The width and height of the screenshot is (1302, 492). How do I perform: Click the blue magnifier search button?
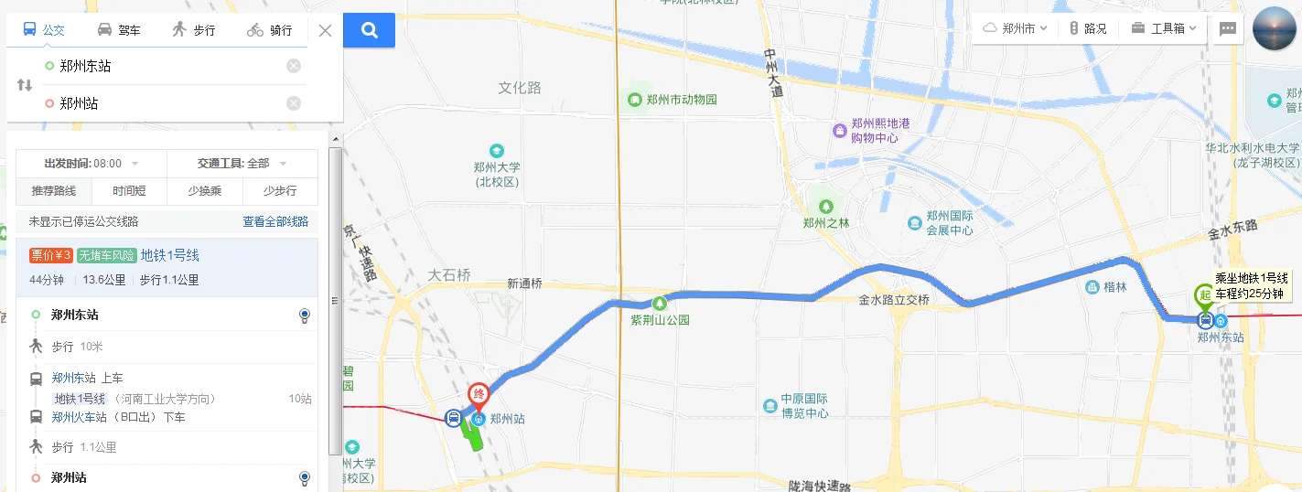pos(369,30)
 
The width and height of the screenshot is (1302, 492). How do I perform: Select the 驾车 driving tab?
pos(119,30)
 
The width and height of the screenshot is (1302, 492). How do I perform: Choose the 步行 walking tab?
pos(193,30)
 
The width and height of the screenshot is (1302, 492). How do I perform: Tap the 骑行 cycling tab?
pos(270,30)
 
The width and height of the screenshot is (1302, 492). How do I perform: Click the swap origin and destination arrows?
pos(25,85)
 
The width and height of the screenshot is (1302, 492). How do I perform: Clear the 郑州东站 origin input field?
pos(293,66)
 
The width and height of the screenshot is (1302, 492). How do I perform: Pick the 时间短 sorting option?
pos(129,191)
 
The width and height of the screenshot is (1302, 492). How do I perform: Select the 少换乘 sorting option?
pos(204,191)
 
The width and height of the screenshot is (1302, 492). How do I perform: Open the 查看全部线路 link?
pos(275,221)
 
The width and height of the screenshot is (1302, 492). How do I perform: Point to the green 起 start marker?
pos(1204,296)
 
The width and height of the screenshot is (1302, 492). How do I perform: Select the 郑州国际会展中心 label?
pos(949,223)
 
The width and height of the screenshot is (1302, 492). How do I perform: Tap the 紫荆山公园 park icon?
pos(658,303)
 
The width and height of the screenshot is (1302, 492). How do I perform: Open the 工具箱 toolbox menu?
pos(1164,28)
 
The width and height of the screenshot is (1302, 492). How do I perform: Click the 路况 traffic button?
pos(1088,28)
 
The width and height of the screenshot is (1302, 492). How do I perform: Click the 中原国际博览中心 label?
pos(803,406)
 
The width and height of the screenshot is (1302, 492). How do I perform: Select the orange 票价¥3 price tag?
pos(51,255)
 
